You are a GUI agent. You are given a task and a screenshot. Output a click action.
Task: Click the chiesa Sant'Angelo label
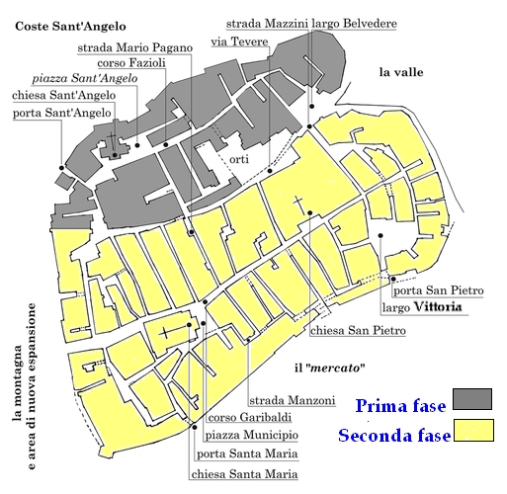[x=64, y=96]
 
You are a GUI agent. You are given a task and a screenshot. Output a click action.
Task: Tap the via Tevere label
[x=233, y=41]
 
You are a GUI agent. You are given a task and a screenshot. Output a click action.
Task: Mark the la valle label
[x=401, y=72]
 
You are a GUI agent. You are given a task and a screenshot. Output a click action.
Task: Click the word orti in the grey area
[x=239, y=159]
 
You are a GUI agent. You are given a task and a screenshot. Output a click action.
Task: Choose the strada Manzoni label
[x=284, y=399]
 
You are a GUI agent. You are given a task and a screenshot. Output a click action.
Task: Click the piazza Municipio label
[x=252, y=435]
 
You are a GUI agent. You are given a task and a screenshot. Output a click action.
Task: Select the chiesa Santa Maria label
[x=240, y=472]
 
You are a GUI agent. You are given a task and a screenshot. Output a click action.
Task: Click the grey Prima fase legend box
[x=473, y=399]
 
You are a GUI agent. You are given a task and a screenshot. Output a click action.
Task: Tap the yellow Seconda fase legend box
[x=473, y=433]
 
